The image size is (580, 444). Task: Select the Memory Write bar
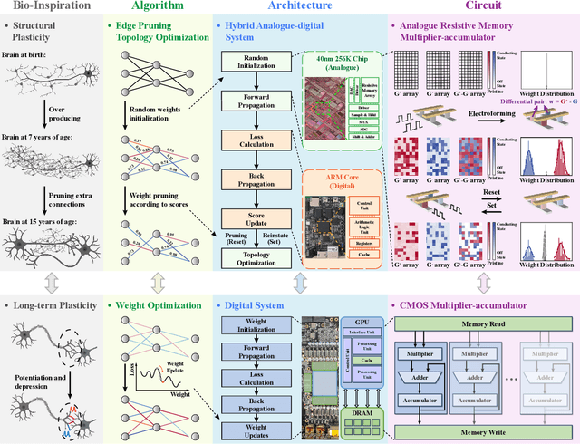pyautogui.click(x=481, y=432)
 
